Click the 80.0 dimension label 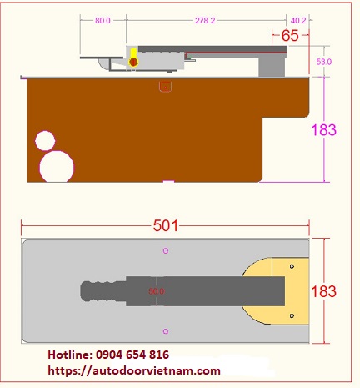[x=102, y=21]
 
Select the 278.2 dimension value [x=205, y=21]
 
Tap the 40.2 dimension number [x=298, y=21]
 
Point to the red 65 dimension [x=290, y=36]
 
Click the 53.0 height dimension [x=324, y=62]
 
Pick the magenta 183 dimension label [x=323, y=130]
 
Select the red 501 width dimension [x=166, y=225]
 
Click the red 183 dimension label [x=323, y=291]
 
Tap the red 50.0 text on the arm [x=157, y=291]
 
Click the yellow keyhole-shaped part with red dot [x=133, y=58]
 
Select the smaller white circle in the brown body [x=45, y=141]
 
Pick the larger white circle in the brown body [x=57, y=167]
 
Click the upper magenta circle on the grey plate [x=166, y=251]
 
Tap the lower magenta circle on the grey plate [x=166, y=331]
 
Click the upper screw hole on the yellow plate [x=292, y=266]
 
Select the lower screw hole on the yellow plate [x=292, y=315]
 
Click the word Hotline [x=70, y=355]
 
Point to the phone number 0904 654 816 [x=132, y=355]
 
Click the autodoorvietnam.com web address [x=134, y=370]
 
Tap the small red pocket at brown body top [x=166, y=87]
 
